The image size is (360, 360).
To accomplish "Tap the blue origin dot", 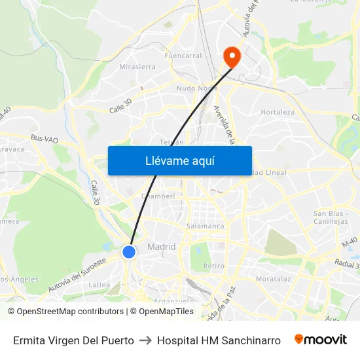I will click(x=129, y=251).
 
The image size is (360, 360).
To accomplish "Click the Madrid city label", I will click(x=162, y=247).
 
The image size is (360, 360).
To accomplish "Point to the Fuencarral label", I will click(x=184, y=56).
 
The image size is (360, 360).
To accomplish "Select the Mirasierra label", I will click(x=137, y=67).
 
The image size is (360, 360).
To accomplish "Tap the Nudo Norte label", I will click(x=197, y=87).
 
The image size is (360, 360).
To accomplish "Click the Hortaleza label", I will click(x=278, y=112).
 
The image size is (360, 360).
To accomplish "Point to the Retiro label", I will click(x=214, y=266).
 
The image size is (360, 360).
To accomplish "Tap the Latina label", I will click(x=99, y=285).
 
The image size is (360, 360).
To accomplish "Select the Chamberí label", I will click(x=158, y=196).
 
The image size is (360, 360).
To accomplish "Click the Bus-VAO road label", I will click(x=45, y=139).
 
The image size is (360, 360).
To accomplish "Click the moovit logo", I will click(x=320, y=340).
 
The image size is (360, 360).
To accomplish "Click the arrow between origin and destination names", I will click(x=145, y=340).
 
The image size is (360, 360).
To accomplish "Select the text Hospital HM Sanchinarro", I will click(x=219, y=340).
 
